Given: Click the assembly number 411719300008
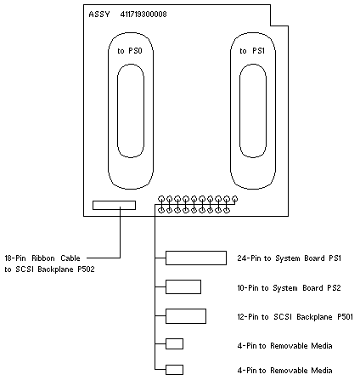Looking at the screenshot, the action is (x=143, y=14).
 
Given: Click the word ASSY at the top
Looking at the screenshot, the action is (x=99, y=14).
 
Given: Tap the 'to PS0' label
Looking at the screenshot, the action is (x=130, y=51).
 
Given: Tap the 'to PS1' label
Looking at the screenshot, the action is (x=252, y=51).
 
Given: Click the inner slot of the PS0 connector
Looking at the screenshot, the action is (x=117, y=111).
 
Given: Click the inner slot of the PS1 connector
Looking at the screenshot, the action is (x=239, y=111).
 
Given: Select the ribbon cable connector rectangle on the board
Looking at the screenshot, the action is (x=114, y=201).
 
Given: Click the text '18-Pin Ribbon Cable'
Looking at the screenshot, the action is (x=42, y=258).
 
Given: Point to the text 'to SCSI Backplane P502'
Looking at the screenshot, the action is (x=49, y=269).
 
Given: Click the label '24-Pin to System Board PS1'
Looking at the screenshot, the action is (x=290, y=258).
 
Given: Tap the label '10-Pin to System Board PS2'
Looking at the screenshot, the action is (x=289, y=288).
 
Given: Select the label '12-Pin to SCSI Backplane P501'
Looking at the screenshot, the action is (x=295, y=316).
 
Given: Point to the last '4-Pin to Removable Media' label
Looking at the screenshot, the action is (x=284, y=371).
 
